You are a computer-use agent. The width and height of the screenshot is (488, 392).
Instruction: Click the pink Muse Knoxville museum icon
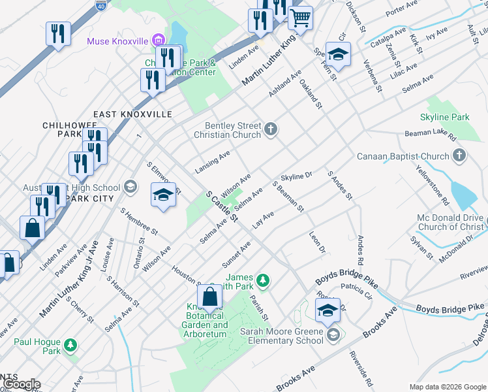tap(156, 41)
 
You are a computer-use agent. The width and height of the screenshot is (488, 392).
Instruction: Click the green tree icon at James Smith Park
tap(262, 281)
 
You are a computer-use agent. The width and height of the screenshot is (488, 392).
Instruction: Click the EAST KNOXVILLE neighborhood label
tap(132, 114)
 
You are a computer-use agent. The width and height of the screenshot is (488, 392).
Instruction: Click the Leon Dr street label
tap(317, 242)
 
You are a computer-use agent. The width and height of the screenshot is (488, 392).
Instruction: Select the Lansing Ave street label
tap(213, 162)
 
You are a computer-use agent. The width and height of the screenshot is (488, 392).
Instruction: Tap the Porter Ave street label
tap(401, 8)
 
